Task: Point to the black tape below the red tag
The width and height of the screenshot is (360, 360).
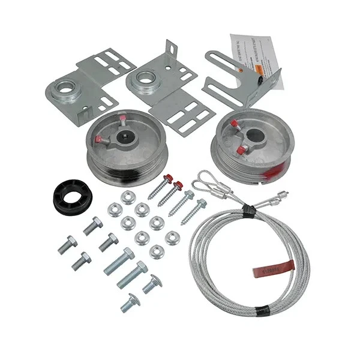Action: pyautogui.click(x=263, y=311)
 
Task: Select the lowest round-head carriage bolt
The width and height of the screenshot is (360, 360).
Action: pyautogui.click(x=130, y=304)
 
